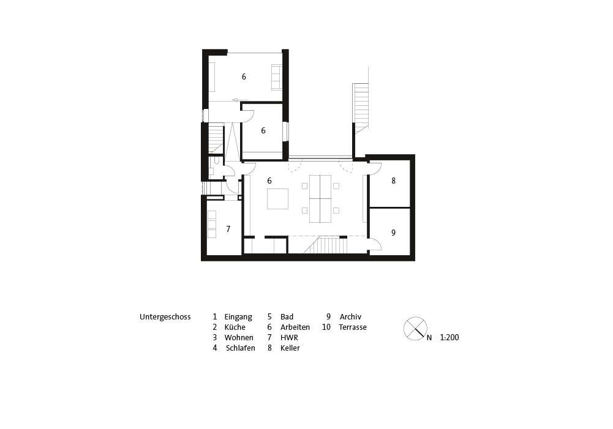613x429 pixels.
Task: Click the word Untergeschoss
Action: (x=165, y=317)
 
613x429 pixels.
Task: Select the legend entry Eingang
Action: (x=238, y=317)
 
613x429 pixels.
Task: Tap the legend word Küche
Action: (x=235, y=327)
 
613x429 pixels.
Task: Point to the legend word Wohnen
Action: (x=239, y=338)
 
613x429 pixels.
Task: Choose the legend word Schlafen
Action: (x=241, y=348)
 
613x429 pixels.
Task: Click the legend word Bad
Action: (x=287, y=317)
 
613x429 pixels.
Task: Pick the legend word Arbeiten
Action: (x=295, y=327)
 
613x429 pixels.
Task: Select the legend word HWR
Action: (x=289, y=338)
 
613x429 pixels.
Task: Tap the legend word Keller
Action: (x=290, y=348)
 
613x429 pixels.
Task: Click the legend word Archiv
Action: (x=350, y=317)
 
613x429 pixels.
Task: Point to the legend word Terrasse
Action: (x=353, y=327)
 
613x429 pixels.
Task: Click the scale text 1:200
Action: (x=449, y=338)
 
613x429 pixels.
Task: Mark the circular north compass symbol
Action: (x=415, y=329)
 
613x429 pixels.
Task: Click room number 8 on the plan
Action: (x=393, y=181)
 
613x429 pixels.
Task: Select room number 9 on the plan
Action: (x=393, y=233)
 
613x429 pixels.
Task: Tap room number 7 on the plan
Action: (x=228, y=229)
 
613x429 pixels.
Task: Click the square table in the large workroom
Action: (x=277, y=199)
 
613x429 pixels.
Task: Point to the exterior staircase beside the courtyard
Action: (x=361, y=105)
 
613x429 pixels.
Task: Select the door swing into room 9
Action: (x=375, y=243)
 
